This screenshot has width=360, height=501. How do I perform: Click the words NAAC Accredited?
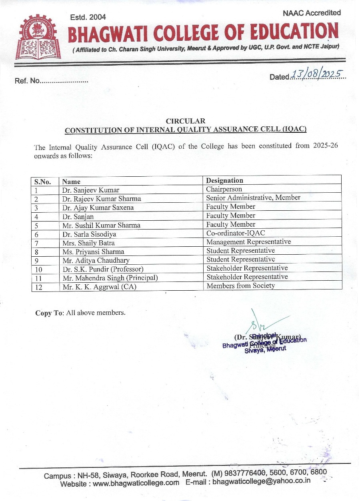coord(312,13)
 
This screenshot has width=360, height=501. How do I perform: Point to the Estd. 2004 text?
coord(88,17)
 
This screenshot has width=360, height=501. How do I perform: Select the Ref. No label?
coord(27,81)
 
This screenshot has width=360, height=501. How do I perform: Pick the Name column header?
coord(71,182)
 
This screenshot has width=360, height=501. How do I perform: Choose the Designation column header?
coord(224,180)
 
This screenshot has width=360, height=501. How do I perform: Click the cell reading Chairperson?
coord(224,189)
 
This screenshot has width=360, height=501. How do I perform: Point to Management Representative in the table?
coord(248,242)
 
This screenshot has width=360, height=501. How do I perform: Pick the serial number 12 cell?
coord(38,287)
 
